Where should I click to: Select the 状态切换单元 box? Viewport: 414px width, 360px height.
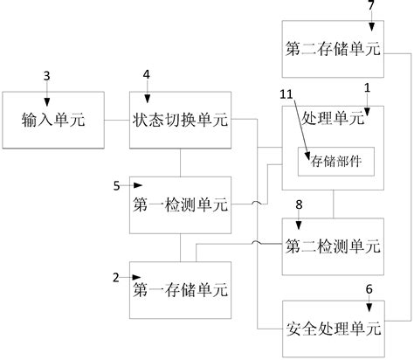point(180,119)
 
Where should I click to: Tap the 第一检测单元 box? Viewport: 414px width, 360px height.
point(180,204)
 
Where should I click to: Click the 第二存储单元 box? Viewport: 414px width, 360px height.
point(333,48)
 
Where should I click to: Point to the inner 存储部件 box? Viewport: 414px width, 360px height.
point(335,160)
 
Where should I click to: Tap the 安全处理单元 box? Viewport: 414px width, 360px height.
point(333,329)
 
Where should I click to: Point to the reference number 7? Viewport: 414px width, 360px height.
point(370,6)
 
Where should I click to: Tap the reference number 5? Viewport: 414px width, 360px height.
point(118,185)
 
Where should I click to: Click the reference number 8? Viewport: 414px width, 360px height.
point(299,204)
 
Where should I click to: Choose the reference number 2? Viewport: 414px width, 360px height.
point(117,277)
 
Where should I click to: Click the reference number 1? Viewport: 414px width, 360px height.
point(368,88)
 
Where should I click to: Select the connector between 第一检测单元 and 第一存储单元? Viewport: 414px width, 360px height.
point(180,247)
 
